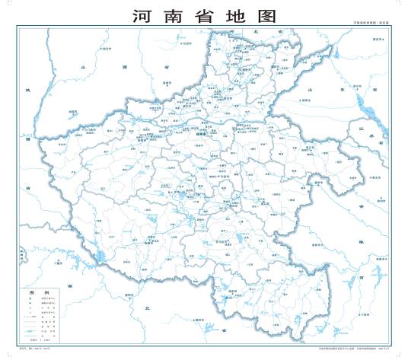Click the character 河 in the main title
pyautogui.click(x=142, y=16)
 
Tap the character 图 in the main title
pyautogui.click(x=266, y=16)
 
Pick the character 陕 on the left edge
pyautogui.click(x=26, y=91)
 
